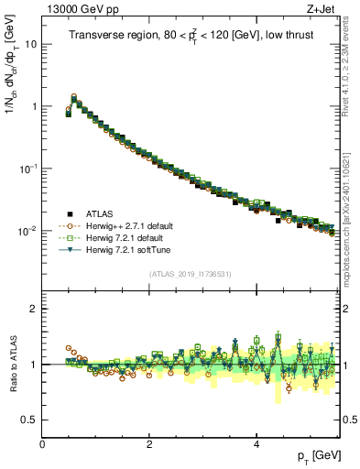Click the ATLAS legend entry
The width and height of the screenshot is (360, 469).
[100, 213]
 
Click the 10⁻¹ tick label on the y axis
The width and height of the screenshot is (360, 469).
[29, 169]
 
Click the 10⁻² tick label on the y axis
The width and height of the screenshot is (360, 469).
[29, 231]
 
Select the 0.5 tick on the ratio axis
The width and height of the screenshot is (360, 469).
[30, 420]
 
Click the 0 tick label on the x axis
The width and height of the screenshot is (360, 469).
[43, 443]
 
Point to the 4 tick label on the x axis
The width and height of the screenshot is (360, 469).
[256, 443]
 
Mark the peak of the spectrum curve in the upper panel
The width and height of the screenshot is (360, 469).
[73, 96]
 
